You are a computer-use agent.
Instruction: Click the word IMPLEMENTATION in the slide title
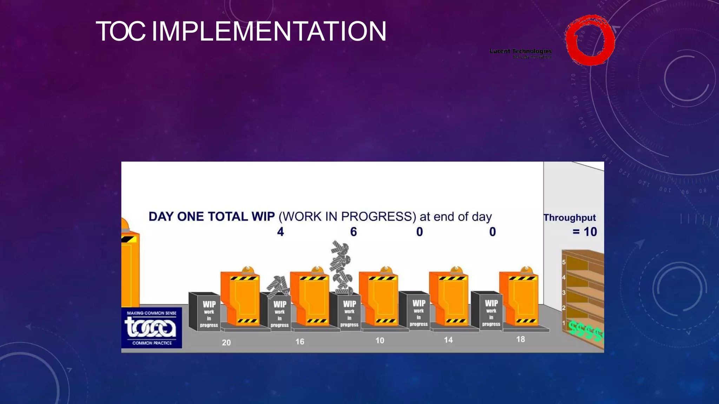tap(269, 32)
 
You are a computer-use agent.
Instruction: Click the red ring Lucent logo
tap(590, 40)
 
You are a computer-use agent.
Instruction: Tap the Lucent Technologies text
tap(521, 51)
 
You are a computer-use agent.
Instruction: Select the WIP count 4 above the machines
tap(280, 232)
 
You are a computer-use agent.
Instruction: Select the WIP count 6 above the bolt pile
tap(354, 232)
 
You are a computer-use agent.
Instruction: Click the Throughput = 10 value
tap(585, 232)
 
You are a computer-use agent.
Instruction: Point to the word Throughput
tap(569, 218)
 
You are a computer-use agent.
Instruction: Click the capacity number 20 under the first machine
tap(226, 343)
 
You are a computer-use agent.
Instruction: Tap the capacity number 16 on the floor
tap(300, 342)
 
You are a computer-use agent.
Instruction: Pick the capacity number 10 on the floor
tap(380, 341)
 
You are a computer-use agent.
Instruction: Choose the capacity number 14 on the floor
tap(448, 340)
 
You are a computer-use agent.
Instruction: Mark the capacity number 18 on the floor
tap(521, 339)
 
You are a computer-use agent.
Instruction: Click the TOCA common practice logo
tap(152, 328)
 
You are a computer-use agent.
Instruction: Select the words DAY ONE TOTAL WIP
tap(212, 217)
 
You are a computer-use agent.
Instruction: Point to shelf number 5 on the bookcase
tap(564, 262)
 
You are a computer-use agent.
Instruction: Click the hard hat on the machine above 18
tap(526, 270)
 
